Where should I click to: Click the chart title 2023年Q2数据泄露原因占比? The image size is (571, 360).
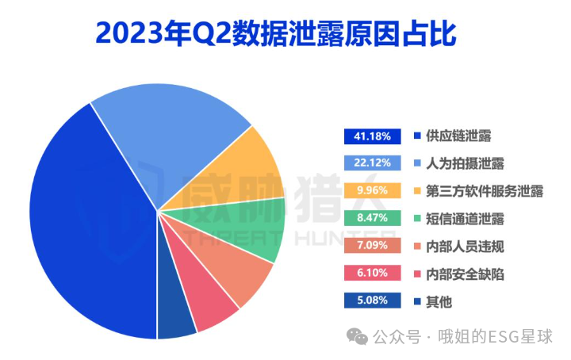[278, 33]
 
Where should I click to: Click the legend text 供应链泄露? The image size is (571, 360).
[458, 136]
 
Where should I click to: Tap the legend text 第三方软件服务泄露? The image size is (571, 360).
[484, 191]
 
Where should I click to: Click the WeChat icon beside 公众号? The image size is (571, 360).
[360, 337]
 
